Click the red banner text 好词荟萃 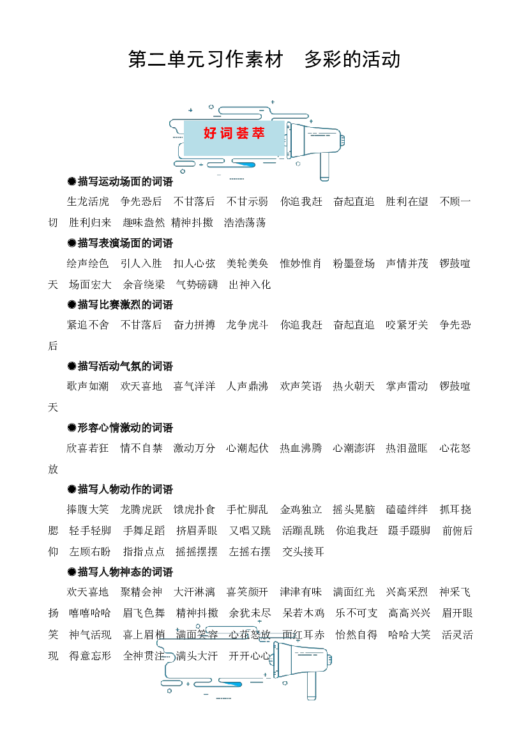coord(234,133)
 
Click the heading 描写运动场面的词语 coord(120,181)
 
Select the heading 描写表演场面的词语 coord(120,243)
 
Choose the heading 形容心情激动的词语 coord(120,427)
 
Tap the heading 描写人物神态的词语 coord(120,572)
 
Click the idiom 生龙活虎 coord(88,201)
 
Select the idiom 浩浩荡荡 coord(245,222)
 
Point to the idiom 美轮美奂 coord(247,263)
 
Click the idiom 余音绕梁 coord(144,284)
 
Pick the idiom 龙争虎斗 coord(247,325)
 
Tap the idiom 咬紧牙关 coord(407,325)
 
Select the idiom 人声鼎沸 coord(247,386)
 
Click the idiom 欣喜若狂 coord(88,448)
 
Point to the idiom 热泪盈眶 coord(407,448)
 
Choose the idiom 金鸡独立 coord(301,509)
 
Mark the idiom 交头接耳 coord(303,551)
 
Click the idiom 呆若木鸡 coord(303,613)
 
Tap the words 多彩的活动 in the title coord(352,59)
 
